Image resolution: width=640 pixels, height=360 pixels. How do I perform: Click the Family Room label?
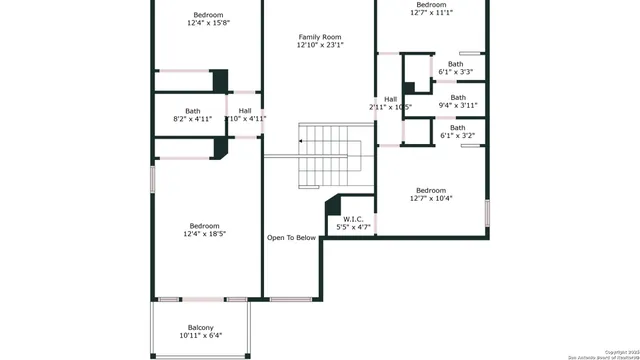[x=319, y=36]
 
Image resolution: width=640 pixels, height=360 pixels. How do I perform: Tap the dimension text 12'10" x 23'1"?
[x=319, y=45]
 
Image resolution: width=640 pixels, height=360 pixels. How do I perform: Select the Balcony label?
[x=200, y=327]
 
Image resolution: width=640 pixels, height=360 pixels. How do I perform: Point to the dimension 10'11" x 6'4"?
[x=200, y=336]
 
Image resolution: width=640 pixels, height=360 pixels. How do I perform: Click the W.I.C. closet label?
[x=353, y=219]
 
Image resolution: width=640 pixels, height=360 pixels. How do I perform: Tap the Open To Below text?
[x=291, y=238]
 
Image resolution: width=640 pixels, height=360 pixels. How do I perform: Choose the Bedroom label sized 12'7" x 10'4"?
[x=431, y=190]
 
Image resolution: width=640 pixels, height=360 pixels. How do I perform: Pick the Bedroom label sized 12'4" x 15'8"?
[x=208, y=14]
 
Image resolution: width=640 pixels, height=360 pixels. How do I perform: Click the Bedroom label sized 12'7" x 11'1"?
[x=431, y=5]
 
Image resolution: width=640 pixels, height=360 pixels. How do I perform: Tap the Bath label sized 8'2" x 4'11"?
[x=193, y=111]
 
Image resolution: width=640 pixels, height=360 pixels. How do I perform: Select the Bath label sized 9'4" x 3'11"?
[x=458, y=97]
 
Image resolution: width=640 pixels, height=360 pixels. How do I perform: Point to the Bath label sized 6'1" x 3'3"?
[x=456, y=64]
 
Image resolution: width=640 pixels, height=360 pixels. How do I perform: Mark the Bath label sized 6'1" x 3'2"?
[x=457, y=127]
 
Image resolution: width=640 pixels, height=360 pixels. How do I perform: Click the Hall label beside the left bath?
[x=245, y=110]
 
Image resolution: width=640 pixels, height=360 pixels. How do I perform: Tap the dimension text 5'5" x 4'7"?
[x=353, y=228]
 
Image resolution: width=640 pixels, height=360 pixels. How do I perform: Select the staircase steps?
[x=330, y=155]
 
